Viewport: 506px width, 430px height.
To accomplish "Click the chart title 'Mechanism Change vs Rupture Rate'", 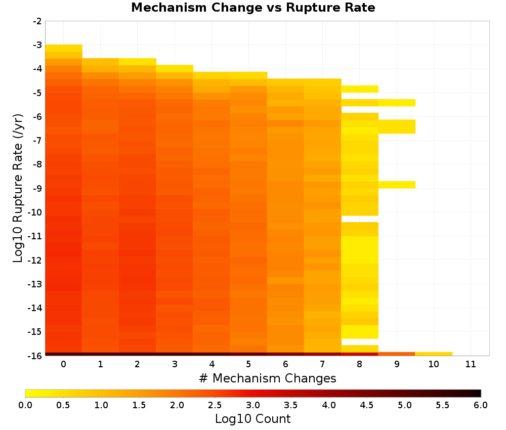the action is (x=253, y=8).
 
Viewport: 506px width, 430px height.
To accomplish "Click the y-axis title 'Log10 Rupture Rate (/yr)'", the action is (x=18, y=188).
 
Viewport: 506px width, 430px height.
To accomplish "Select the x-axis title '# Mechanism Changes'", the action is (x=268, y=378).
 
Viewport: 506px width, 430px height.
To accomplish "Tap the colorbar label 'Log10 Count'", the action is (x=252, y=419).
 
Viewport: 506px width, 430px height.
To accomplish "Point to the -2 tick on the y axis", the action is (x=37, y=21).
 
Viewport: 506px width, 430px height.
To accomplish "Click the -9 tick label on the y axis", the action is (x=37, y=188).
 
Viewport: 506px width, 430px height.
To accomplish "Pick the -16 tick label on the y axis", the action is (x=35, y=356).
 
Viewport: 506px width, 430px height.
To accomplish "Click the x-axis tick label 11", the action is (x=471, y=364).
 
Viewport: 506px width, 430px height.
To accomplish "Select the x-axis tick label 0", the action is (x=64, y=364).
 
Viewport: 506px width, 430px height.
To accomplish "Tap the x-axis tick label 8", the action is (x=359, y=364).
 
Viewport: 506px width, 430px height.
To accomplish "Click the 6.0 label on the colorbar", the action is (x=481, y=405).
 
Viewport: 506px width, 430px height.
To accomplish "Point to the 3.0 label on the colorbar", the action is (x=253, y=405).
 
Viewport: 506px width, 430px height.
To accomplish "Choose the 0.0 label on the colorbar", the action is (x=25, y=405).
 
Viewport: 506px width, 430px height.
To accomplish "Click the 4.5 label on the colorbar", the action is (x=367, y=405).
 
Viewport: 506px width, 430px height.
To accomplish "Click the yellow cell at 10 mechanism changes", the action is (x=434, y=354).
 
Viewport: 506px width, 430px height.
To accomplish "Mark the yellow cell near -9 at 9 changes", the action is (x=397, y=185).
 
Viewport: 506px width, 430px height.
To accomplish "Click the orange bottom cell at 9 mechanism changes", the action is (x=397, y=354).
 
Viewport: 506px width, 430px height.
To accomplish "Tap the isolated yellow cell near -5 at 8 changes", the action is (x=360, y=89).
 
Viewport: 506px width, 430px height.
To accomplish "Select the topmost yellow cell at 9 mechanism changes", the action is (x=397, y=103).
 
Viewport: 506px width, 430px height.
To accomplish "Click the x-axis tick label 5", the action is (x=248, y=364).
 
